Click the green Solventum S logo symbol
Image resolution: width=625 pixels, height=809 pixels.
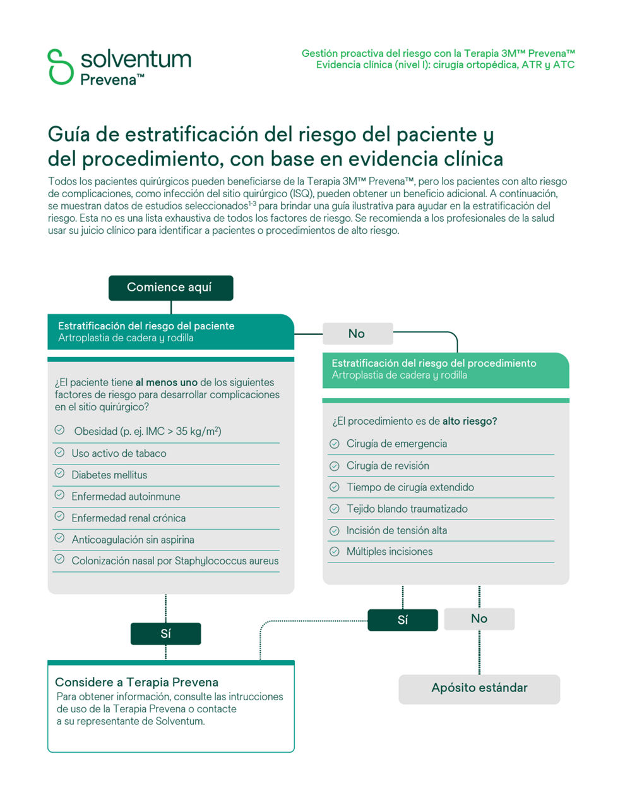tap(61, 66)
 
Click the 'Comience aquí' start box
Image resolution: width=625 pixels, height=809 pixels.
tap(170, 288)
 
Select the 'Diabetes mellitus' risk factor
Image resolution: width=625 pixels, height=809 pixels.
tap(109, 475)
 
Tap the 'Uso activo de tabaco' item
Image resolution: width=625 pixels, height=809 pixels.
tap(119, 453)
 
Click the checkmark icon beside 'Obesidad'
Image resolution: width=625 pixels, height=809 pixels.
tap(59, 430)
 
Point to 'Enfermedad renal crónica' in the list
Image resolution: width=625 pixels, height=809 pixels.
tap(128, 518)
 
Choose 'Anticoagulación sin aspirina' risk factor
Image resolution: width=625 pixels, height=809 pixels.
tap(133, 540)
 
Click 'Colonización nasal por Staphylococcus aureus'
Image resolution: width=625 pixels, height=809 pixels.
tap(175, 561)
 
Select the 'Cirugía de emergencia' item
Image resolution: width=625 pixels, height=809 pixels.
tap(396, 444)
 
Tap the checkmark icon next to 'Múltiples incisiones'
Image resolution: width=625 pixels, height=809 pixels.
tap(335, 552)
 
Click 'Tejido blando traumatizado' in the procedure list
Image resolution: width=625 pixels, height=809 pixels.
tap(407, 509)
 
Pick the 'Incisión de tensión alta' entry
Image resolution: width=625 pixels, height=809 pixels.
tap(396, 530)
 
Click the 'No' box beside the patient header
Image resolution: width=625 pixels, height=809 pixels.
tap(357, 334)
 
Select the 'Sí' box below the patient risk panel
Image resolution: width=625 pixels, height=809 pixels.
tap(165, 634)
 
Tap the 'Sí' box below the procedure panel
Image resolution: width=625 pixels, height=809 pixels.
tap(402, 620)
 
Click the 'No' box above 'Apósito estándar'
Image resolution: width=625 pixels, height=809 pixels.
tap(479, 619)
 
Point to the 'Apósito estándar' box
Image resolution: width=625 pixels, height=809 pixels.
tap(479, 688)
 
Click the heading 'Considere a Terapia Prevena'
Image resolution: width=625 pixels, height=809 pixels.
tap(136, 682)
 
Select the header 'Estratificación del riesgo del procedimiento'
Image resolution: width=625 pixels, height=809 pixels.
tap(434, 363)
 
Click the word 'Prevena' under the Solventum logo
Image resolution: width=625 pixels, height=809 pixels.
tap(109, 80)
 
